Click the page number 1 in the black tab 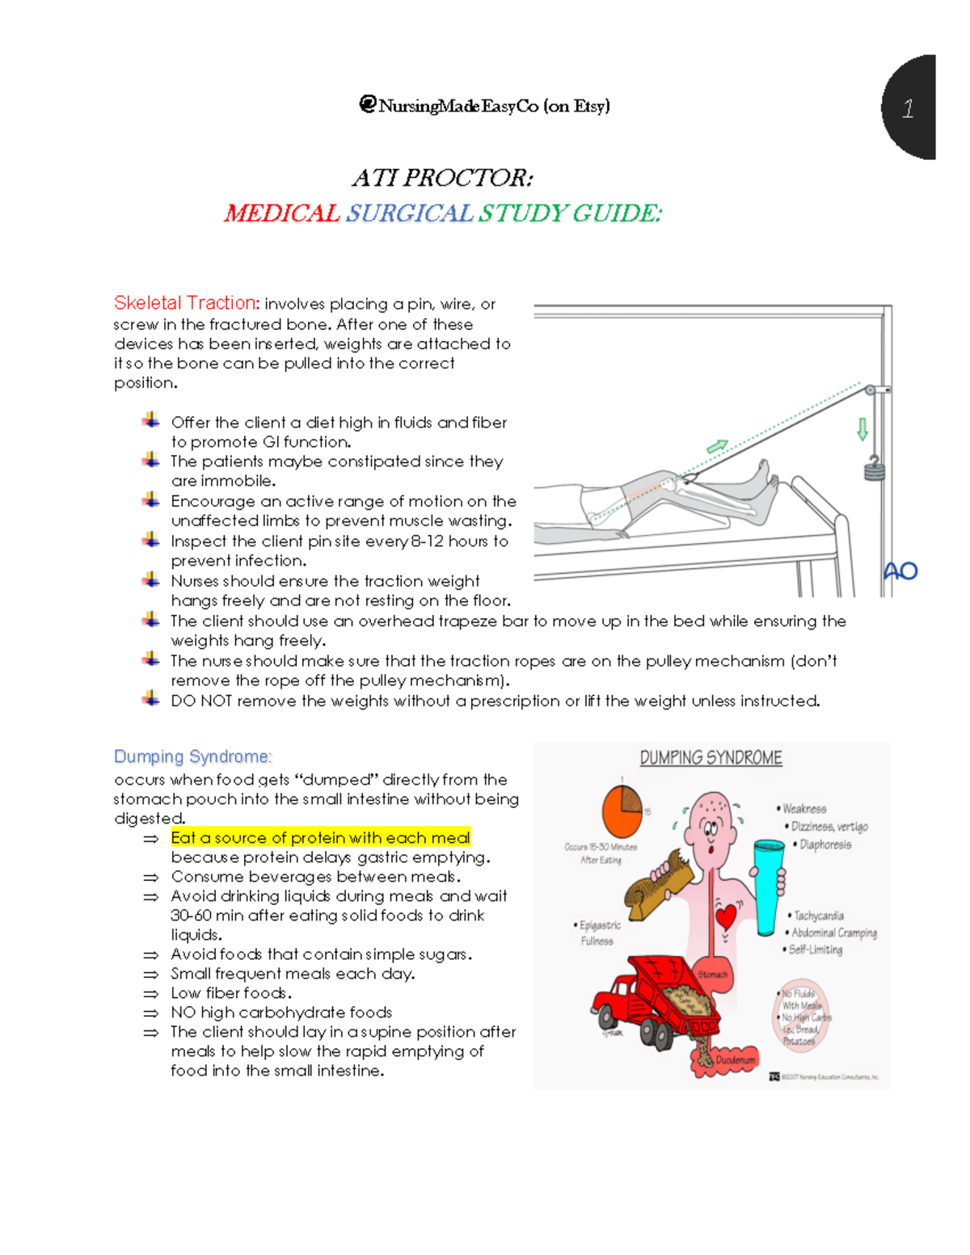[908, 108]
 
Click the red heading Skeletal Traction [187, 303]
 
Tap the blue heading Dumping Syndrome [192, 756]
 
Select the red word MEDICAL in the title [281, 213]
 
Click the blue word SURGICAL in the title [409, 213]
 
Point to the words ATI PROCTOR [442, 178]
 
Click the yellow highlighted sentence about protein [320, 838]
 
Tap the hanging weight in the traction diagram [873, 468]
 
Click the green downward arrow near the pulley [862, 428]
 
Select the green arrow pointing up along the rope [717, 446]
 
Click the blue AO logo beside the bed [900, 571]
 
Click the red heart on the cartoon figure [727, 916]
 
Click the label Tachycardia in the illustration [818, 916]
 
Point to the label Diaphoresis [824, 844]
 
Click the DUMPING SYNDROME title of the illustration [711, 758]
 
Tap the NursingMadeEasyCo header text [485, 106]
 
